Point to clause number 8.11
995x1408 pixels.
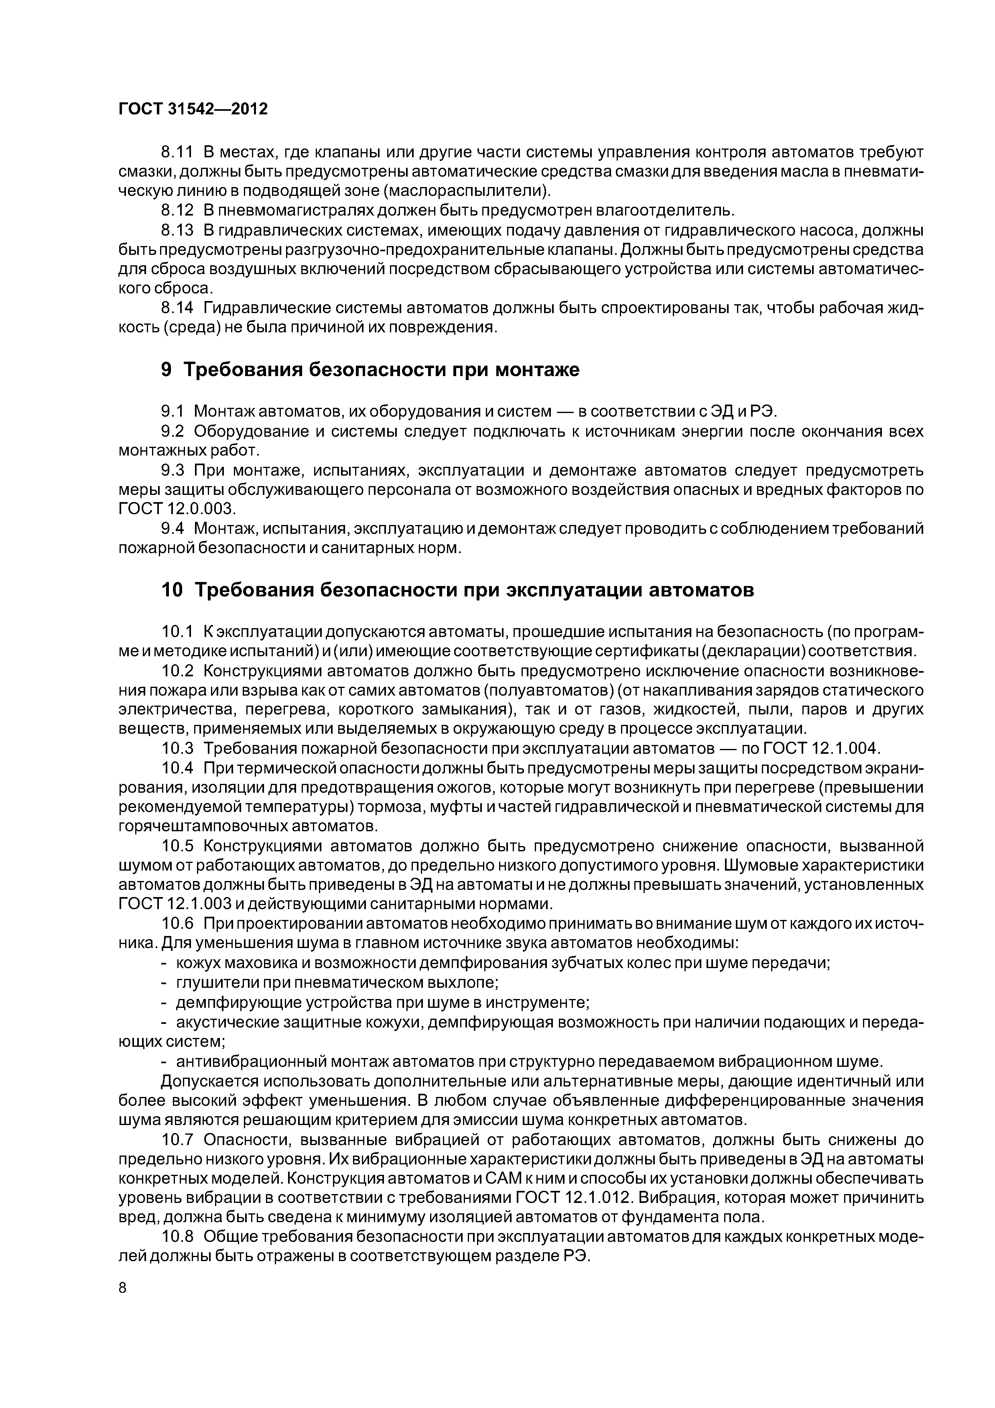[177, 151]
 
